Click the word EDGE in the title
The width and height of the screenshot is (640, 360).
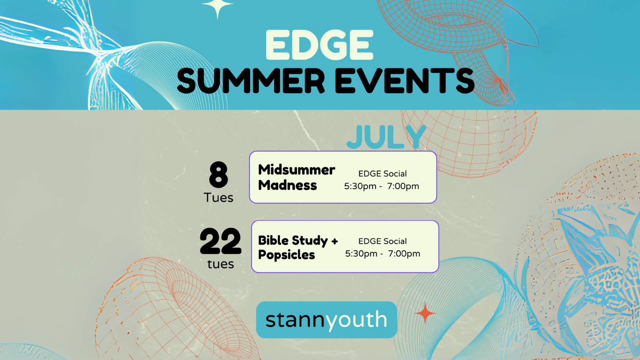(x=319, y=45)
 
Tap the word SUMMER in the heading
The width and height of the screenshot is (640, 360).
(x=251, y=81)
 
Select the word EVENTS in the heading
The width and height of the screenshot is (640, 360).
(x=405, y=81)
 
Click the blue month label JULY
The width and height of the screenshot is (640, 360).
(x=386, y=137)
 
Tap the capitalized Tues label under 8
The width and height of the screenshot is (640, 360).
(x=219, y=198)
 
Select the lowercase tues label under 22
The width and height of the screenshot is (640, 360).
(x=220, y=264)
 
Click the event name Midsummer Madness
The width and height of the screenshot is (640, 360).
(x=296, y=177)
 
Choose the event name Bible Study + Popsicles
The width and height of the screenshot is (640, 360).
(x=298, y=247)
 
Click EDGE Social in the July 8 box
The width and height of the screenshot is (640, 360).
(x=382, y=174)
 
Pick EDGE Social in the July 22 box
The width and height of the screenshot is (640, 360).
(x=382, y=241)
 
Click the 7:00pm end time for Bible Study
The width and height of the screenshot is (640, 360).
(x=404, y=254)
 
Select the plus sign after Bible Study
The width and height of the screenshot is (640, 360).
(x=335, y=241)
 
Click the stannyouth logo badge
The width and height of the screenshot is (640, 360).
(x=326, y=320)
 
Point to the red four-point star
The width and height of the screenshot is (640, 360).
(x=425, y=313)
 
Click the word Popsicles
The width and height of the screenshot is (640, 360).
(x=286, y=255)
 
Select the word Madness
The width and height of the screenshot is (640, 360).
(x=287, y=185)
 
